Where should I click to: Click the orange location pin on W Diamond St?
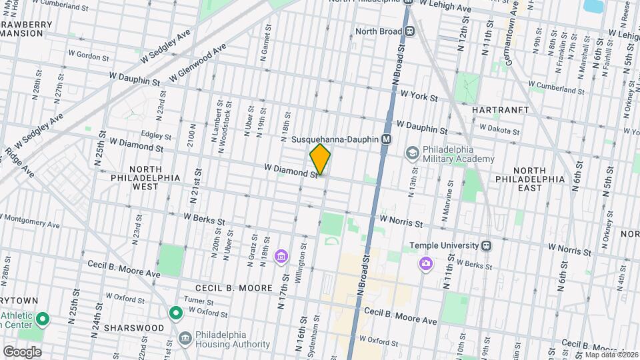320,159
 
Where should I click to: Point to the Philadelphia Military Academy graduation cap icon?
413,154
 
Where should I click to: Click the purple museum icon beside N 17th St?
281,257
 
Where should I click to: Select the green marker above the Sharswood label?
176,312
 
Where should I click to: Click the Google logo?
22,351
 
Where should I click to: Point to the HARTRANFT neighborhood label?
500,109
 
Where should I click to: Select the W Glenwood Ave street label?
198,64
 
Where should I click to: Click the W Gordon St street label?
88,57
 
